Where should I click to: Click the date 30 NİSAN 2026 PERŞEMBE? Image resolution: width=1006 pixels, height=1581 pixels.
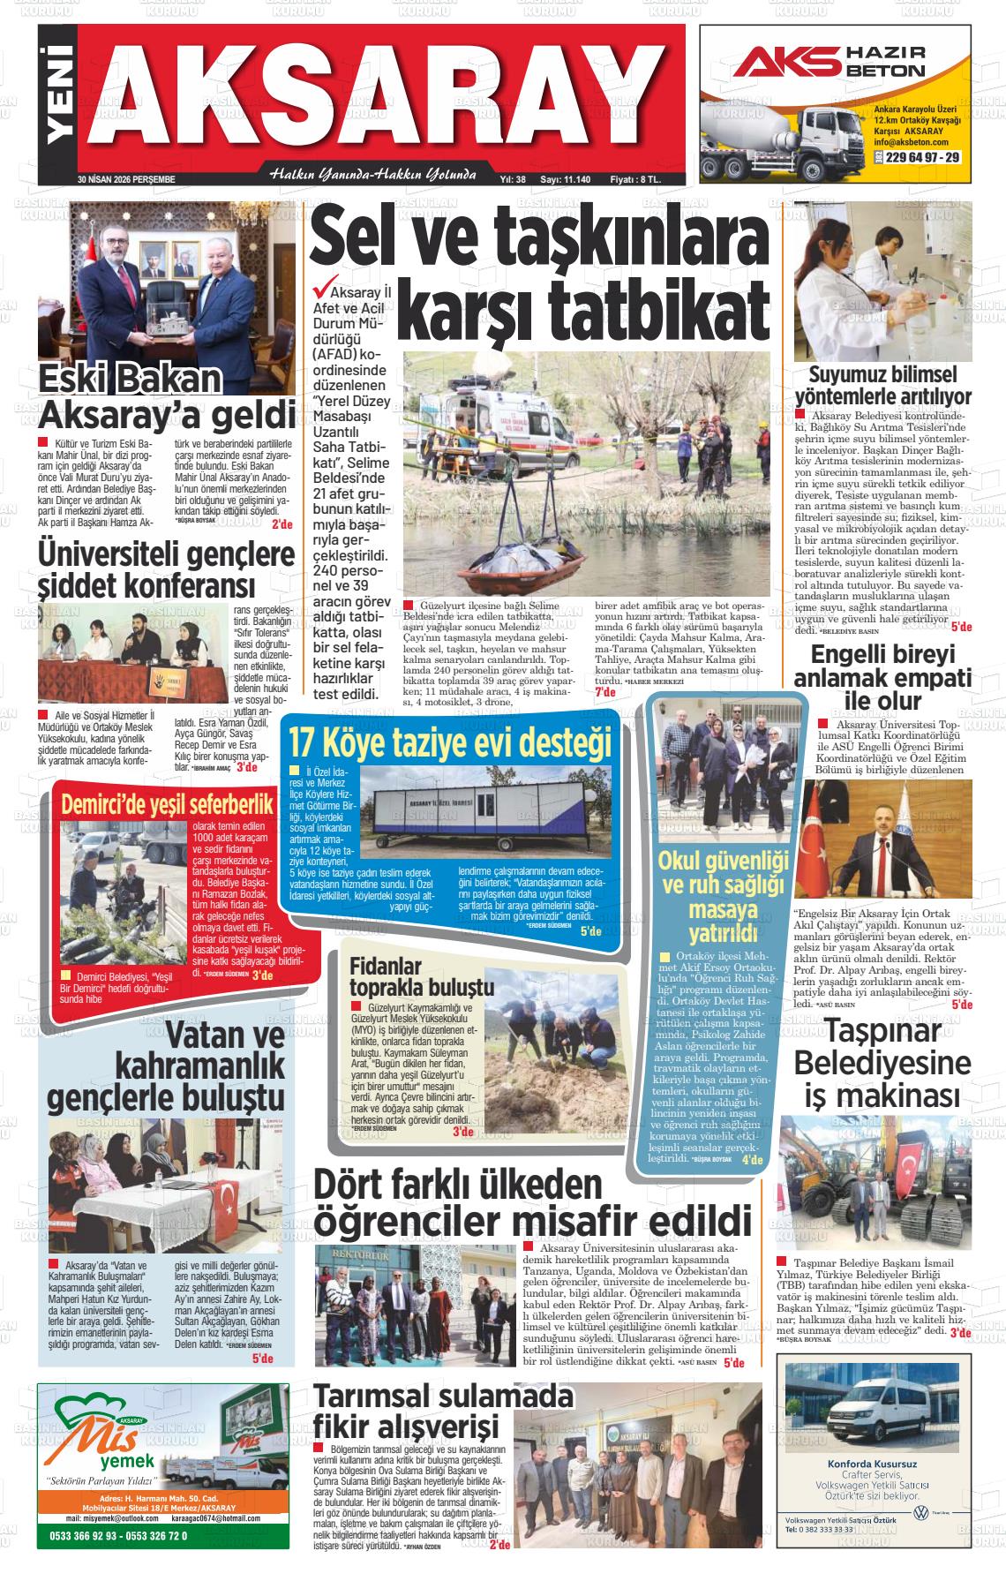tap(126, 179)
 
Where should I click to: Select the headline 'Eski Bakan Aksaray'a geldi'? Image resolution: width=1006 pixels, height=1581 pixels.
tap(167, 396)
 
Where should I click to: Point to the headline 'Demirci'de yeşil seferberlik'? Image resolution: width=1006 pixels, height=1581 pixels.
tap(164, 805)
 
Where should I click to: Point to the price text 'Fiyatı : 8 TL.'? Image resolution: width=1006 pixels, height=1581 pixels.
tap(634, 179)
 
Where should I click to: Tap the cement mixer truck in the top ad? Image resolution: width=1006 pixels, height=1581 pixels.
tap(760, 141)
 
